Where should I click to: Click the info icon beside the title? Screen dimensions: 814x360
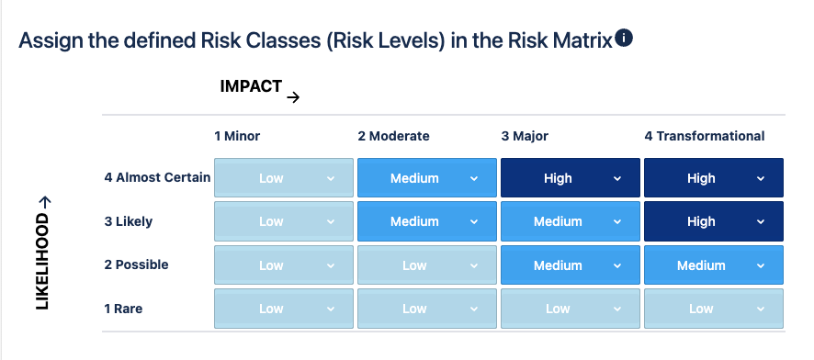coord(624,39)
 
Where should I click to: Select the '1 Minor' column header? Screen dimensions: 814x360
coord(237,136)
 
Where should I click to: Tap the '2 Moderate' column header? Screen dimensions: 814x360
coord(393,136)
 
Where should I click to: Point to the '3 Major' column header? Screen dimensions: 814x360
coord(525,136)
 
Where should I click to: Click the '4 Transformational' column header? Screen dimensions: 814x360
coord(705,136)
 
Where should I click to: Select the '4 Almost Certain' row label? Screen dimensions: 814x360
coord(157,177)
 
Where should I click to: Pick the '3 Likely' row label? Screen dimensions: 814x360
coord(129,221)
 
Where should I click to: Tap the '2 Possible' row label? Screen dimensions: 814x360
coord(136,264)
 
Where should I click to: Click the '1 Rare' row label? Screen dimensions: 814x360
coord(123,309)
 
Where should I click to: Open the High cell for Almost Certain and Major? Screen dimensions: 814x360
coord(570,178)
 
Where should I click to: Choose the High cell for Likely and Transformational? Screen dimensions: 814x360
coord(713,221)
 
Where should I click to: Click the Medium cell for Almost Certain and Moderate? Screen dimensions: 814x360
coord(426,178)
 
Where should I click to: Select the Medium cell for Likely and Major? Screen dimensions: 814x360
coord(570,221)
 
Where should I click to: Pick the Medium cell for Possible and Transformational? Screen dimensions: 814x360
coord(713,265)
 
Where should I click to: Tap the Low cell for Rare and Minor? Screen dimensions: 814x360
coord(284,309)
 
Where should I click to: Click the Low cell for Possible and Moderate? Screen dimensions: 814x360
coord(426,265)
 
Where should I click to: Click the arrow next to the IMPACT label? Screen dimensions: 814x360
coord(293,97)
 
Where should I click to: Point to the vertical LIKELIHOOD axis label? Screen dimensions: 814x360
coord(42,253)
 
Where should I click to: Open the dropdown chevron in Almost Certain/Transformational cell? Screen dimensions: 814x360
coord(761,178)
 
